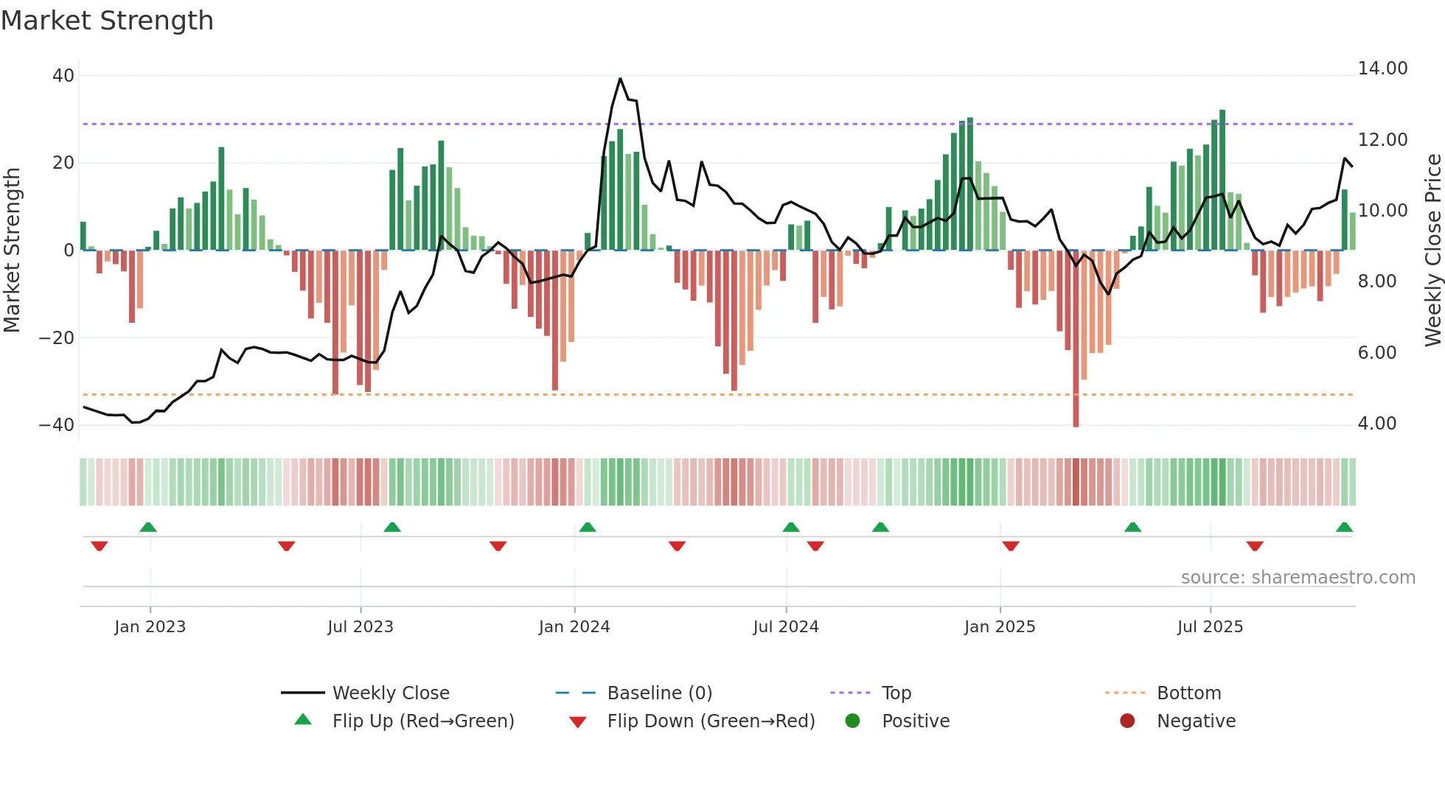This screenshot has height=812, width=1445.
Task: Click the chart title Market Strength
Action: coord(107,21)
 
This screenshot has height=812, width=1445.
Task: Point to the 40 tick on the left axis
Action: coord(63,76)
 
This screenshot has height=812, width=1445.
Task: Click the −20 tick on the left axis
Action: coord(57,338)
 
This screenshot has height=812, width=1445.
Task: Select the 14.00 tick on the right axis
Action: coord(1382,69)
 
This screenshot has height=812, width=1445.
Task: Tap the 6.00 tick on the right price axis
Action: coord(1376,353)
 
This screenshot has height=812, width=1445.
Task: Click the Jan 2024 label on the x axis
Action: coord(574,627)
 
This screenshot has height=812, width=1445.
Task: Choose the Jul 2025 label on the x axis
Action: coord(1210,627)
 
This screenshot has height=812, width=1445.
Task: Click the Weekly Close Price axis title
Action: coord(1432,251)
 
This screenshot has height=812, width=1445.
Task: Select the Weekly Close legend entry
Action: coord(390,693)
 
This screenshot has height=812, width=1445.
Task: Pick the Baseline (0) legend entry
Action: coord(659,693)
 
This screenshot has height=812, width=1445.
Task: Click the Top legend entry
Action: coord(896,693)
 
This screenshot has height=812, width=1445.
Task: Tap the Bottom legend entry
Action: coord(1188,693)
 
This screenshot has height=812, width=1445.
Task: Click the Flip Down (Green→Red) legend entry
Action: coord(711,721)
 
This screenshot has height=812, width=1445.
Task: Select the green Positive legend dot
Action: coord(852,721)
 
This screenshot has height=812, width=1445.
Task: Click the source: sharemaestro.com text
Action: coord(1298,578)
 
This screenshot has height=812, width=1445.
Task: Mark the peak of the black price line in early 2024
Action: coord(620,79)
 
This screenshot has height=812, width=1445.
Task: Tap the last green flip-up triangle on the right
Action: coord(1344,528)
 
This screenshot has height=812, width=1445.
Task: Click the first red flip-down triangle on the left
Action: coord(99,546)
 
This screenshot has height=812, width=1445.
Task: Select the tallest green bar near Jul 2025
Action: coord(1222,180)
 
